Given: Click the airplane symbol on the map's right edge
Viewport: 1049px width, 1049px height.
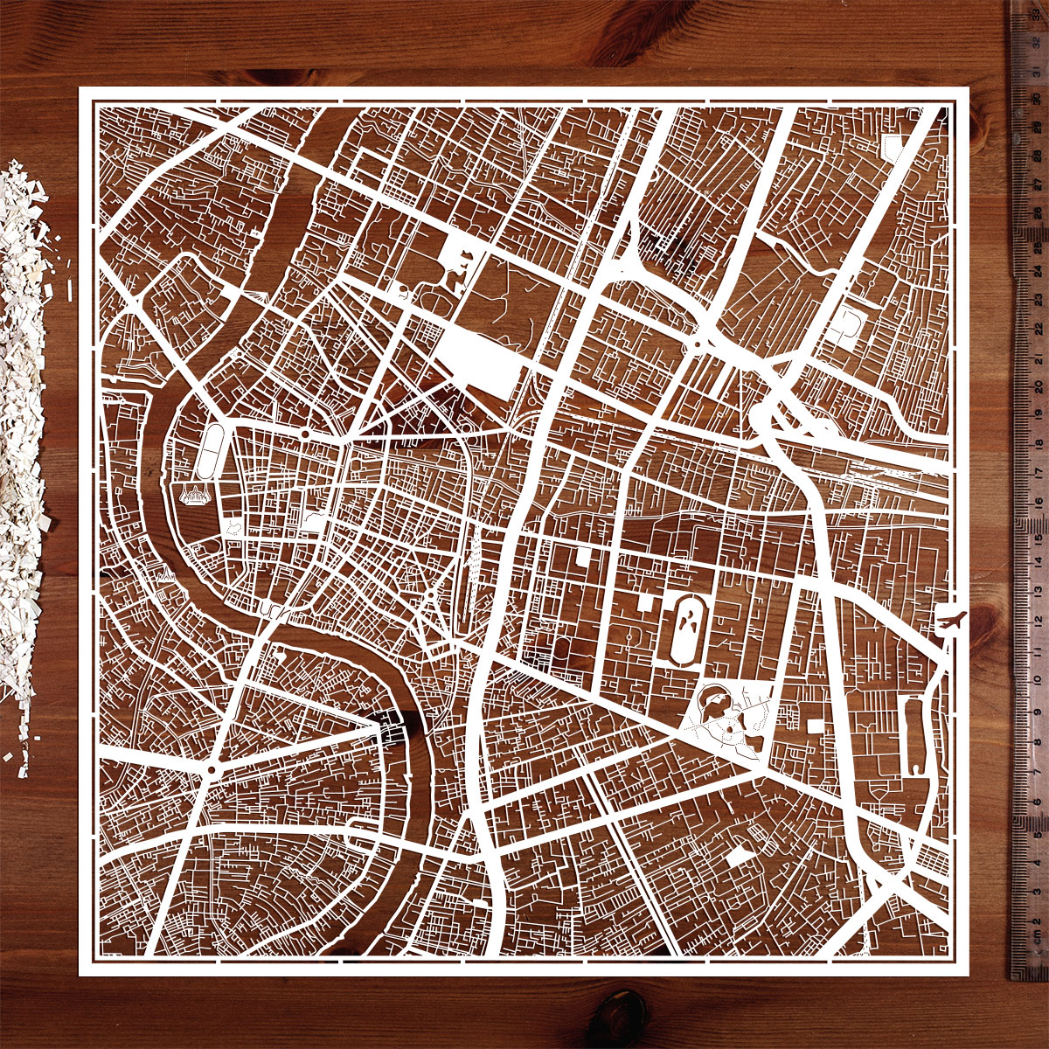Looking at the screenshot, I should tap(950, 622).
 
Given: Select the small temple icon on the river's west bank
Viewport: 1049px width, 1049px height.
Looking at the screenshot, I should tap(165, 574).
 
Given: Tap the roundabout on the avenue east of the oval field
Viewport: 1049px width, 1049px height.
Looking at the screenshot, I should tap(305, 434).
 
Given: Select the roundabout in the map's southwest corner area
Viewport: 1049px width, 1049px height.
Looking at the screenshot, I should tap(212, 769).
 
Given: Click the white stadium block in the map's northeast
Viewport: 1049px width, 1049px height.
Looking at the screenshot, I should tap(847, 327).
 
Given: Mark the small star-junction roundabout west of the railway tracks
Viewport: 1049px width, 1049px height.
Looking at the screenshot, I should tap(430, 595).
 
